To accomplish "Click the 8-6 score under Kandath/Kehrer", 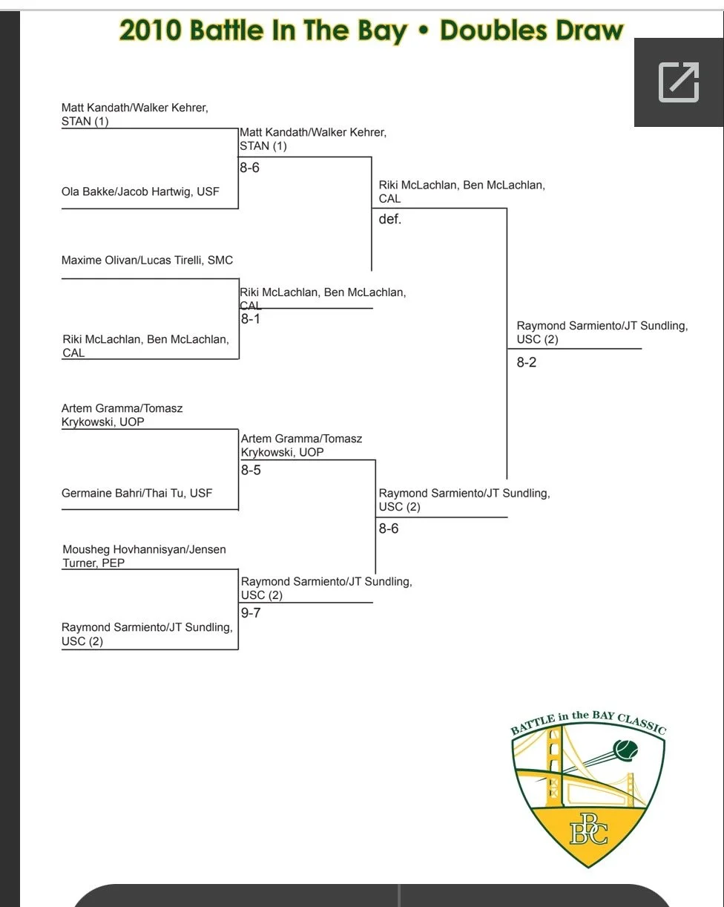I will point(249,168).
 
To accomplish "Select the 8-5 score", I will point(251,470).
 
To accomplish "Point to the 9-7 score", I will point(251,613).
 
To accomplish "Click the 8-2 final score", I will point(527,363).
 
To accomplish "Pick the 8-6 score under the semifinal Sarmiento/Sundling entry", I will point(389,528).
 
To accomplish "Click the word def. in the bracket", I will point(390,220).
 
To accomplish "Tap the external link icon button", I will point(679,82).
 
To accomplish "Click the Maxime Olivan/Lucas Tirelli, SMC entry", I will point(147,260).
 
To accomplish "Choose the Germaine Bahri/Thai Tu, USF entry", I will point(136,493).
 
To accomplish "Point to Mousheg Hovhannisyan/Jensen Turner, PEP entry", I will point(144,556).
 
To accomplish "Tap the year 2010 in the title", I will point(150,30).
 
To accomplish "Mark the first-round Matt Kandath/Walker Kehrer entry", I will point(134,114).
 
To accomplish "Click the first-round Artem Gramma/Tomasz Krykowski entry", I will point(122,415).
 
